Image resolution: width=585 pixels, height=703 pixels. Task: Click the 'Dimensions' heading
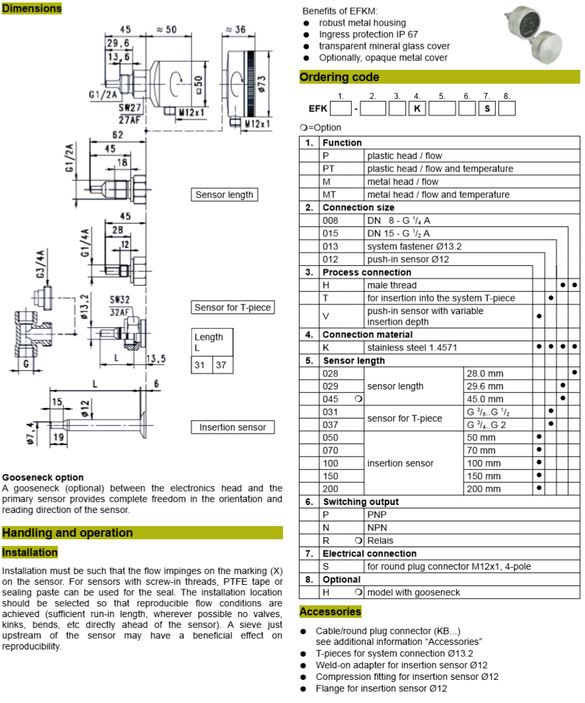click(31, 9)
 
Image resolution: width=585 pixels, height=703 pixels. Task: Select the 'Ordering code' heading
click(339, 77)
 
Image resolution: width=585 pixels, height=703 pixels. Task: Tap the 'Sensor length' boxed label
click(224, 195)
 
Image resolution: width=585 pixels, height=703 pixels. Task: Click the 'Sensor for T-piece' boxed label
click(232, 308)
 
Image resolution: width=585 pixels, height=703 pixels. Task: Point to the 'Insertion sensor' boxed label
click(232, 427)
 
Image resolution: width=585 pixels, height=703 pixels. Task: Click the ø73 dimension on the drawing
click(261, 83)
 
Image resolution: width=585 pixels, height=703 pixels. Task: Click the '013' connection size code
click(331, 246)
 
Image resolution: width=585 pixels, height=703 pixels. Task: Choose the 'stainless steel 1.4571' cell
click(412, 347)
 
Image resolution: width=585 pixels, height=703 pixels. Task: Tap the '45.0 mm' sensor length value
click(485, 399)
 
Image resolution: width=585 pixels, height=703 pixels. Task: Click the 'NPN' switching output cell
click(377, 527)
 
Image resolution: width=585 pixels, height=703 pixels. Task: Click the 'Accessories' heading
click(330, 611)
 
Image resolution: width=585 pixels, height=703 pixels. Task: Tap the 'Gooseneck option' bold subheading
click(43, 477)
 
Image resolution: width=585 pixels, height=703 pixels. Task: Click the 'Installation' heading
click(30, 552)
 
